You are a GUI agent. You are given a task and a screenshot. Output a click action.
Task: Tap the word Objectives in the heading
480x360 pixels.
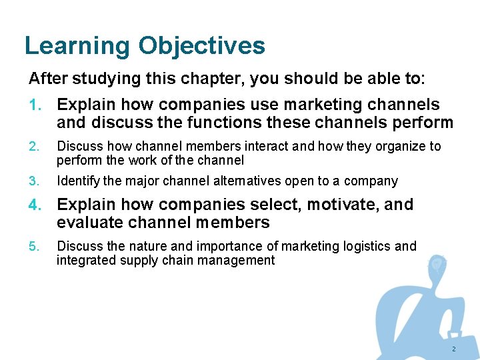[x=202, y=46]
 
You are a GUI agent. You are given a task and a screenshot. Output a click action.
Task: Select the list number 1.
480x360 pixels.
[x=35, y=105]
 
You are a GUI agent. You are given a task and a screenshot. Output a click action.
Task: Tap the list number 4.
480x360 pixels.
[x=35, y=205]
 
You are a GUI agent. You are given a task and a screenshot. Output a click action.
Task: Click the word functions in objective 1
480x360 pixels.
[x=228, y=123]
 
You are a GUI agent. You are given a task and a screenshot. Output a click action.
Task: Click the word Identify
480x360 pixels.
[x=78, y=181]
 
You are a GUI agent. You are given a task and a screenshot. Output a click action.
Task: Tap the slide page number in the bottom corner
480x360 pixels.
[x=454, y=349]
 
